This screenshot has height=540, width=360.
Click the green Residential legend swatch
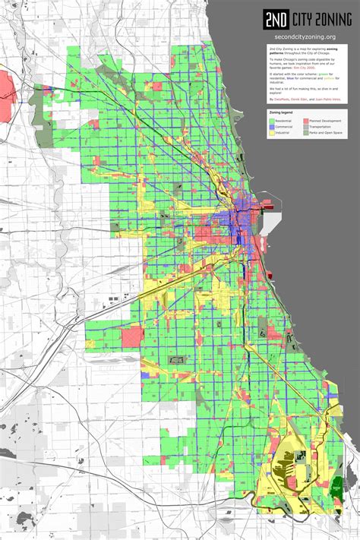point(272,120)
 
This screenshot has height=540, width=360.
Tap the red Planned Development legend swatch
point(306,120)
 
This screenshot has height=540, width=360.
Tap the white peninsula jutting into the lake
point(265,224)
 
